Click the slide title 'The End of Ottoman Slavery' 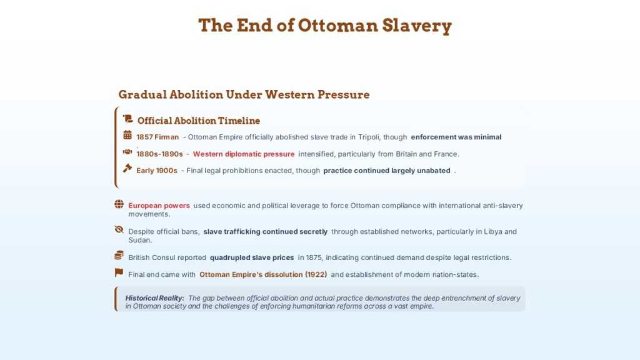(x=325, y=25)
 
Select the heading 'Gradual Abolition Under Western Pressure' (x=244, y=95)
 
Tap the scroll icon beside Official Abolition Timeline (x=128, y=119)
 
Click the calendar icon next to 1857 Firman (x=127, y=135)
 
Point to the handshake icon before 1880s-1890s (x=127, y=152)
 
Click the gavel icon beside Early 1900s (x=127, y=168)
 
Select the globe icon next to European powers (x=119, y=204)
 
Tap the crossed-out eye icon (x=119, y=229)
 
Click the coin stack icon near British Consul (x=119, y=256)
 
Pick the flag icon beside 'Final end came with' (x=119, y=272)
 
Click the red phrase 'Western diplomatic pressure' (x=244, y=154)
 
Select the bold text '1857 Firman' (x=157, y=137)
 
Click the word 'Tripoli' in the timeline (x=369, y=137)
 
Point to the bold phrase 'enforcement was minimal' (x=456, y=137)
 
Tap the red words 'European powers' (x=159, y=206)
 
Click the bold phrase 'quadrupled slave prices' (x=252, y=258)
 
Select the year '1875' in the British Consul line (x=314, y=258)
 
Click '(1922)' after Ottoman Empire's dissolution (x=316, y=275)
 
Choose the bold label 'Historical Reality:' (x=155, y=298)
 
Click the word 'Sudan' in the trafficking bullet (x=140, y=241)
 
